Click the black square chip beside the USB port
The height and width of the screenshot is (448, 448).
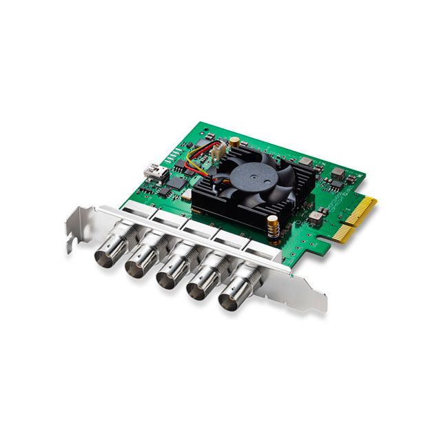coord(176,183)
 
